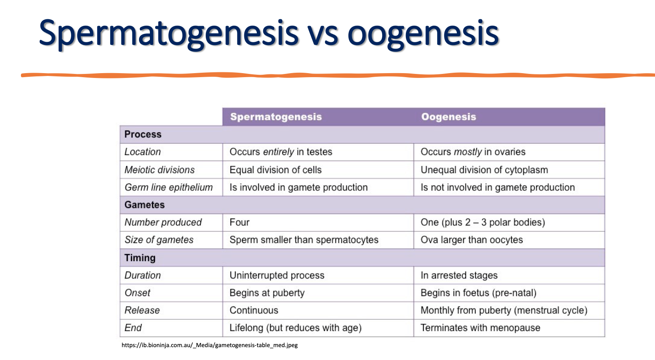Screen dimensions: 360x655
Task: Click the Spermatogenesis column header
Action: coord(276,117)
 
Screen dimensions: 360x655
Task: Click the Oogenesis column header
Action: coord(448,117)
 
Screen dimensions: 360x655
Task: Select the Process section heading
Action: coord(143,134)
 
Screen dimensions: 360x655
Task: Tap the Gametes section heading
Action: coord(144,205)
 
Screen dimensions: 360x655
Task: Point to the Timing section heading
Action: coord(140,258)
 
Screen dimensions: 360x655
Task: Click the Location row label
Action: coord(143,152)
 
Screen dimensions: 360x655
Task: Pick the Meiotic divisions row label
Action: coord(160,170)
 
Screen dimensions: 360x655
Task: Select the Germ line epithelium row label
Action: coord(168,187)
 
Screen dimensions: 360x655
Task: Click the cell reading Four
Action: coord(239,222)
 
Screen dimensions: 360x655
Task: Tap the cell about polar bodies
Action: coord(483,222)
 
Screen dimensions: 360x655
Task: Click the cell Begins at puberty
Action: coord(267,293)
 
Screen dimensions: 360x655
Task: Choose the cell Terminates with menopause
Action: coord(480,328)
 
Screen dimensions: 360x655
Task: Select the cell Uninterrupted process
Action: coord(277,275)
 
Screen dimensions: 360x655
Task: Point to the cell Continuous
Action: coord(254,310)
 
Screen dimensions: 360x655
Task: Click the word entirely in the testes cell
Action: coord(278,152)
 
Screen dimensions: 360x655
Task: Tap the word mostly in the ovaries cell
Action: coord(468,152)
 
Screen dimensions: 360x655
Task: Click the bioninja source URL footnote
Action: coord(209,345)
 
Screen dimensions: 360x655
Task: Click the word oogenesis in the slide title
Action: coord(423,33)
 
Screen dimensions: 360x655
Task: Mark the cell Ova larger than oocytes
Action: coord(471,240)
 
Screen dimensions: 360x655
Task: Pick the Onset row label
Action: coord(137,293)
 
